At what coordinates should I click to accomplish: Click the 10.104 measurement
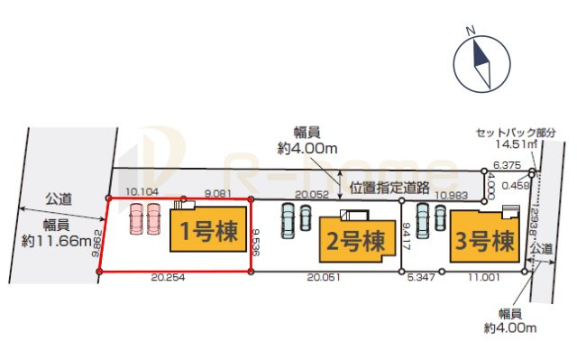[x=143, y=192]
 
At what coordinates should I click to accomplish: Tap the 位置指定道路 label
[x=389, y=188]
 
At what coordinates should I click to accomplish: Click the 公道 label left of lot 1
[x=60, y=198]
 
